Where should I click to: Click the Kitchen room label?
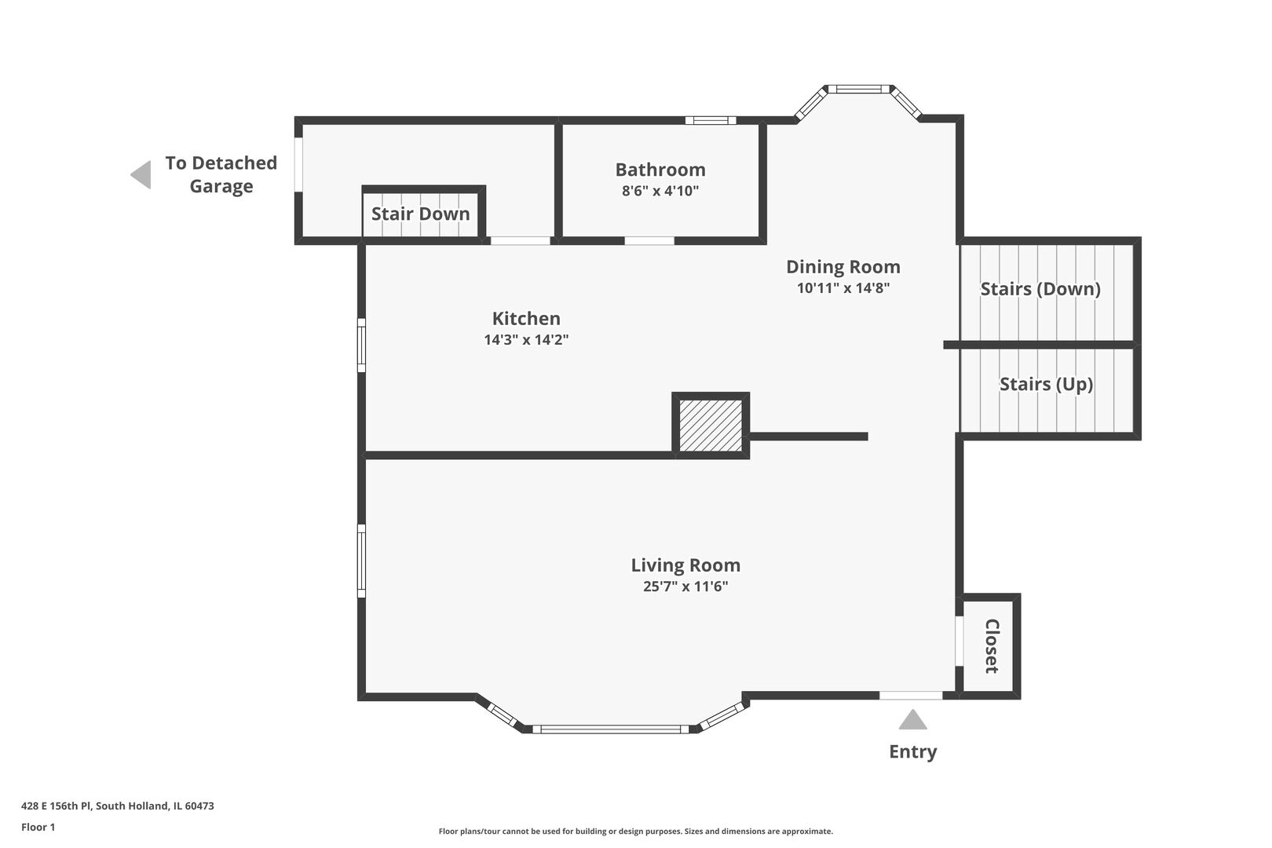(x=526, y=319)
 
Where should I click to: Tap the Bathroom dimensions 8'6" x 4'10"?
(x=660, y=191)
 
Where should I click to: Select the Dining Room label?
(x=843, y=267)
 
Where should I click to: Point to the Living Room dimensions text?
(x=685, y=587)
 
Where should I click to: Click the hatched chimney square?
(x=711, y=425)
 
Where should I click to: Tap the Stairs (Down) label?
(x=1040, y=289)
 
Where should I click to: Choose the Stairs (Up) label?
(x=1046, y=384)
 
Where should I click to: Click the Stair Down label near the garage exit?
(x=420, y=214)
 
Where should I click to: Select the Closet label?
(x=992, y=646)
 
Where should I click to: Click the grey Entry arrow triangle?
(x=912, y=721)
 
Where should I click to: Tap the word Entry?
(x=912, y=751)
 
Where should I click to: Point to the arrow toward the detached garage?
(x=141, y=174)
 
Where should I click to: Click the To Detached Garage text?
(x=221, y=174)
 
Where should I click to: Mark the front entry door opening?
(x=910, y=696)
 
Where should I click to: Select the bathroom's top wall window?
(x=711, y=120)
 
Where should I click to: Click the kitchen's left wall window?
(x=361, y=345)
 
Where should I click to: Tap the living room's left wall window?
(x=361, y=561)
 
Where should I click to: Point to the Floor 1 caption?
(x=38, y=827)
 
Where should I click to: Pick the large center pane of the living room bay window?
(x=610, y=729)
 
